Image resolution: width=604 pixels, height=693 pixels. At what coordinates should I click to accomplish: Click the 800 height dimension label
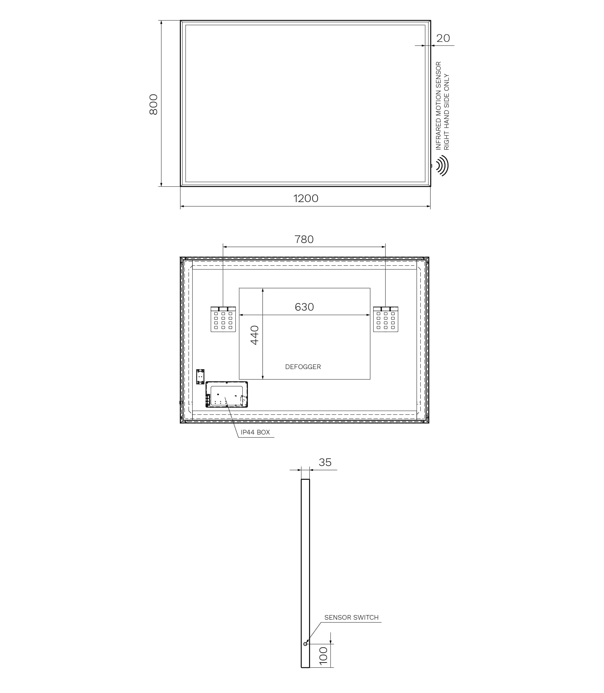(x=153, y=104)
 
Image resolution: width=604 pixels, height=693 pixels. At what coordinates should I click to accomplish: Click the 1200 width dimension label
(x=306, y=198)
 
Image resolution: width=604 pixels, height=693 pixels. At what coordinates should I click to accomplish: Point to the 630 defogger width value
(x=304, y=307)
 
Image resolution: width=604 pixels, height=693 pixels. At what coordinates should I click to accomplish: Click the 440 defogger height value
(x=254, y=335)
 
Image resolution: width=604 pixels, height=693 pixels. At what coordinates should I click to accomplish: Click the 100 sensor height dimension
(x=323, y=656)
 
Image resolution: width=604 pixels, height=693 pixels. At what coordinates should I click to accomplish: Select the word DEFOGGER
(x=303, y=367)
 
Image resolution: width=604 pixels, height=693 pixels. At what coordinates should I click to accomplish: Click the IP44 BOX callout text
(x=255, y=432)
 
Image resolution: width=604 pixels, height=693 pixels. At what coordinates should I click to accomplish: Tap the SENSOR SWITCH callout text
(x=351, y=617)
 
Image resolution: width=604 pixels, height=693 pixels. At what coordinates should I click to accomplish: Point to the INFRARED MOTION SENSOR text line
(x=438, y=106)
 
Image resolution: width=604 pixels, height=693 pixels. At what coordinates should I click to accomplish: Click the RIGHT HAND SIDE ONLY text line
(x=447, y=112)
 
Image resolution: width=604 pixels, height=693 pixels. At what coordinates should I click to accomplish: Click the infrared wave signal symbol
(x=443, y=165)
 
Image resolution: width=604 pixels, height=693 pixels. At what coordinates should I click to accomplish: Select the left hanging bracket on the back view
(x=223, y=319)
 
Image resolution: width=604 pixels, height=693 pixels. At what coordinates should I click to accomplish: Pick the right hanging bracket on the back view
(x=386, y=319)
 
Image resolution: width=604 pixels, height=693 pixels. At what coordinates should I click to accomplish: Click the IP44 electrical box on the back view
(x=226, y=394)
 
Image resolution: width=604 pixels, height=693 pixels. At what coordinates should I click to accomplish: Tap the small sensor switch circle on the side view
(x=305, y=644)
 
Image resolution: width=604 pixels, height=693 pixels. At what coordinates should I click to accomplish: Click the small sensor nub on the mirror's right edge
(x=431, y=166)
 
